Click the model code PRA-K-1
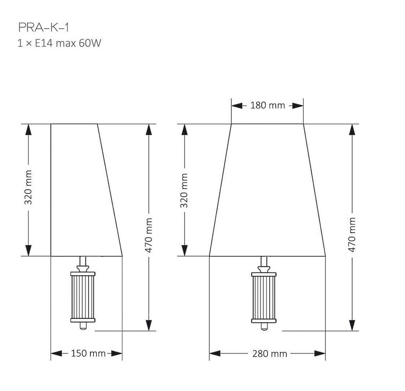click(44, 28)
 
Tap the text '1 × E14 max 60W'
click(59, 43)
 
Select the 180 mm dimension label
click(267, 105)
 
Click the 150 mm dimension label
click(88, 353)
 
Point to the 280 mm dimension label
click(270, 354)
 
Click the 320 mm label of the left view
click(28, 187)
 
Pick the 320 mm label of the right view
click(184, 191)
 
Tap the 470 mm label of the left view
click(148, 235)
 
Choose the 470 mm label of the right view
click(352, 235)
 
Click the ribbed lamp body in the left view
click(83, 297)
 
